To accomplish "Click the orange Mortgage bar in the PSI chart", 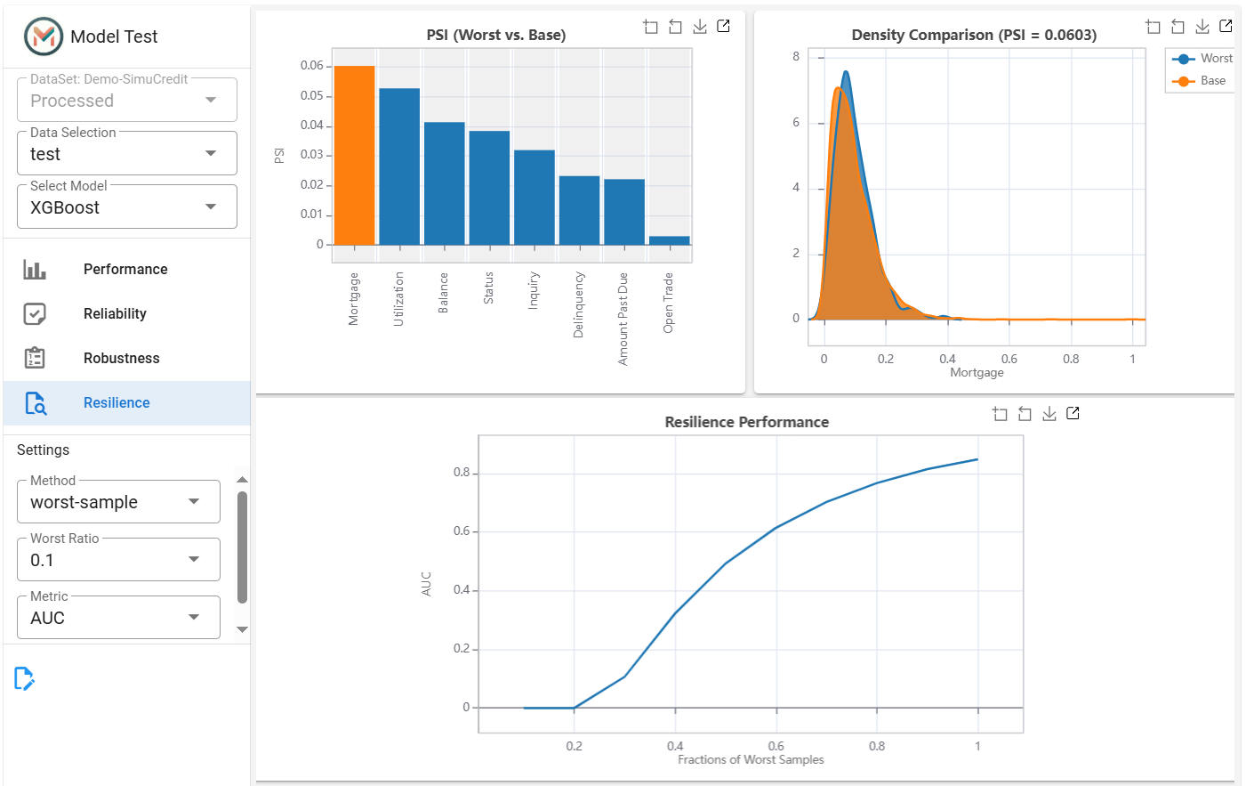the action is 354,155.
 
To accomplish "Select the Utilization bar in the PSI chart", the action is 399,166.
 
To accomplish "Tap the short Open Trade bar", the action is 669,240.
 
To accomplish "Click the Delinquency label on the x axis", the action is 578,304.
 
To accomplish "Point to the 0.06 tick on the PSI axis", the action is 311,66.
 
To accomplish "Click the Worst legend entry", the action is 1202,59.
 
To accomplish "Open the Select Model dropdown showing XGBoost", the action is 127,207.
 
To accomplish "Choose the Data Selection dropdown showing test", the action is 127,154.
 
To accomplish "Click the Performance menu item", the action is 125,270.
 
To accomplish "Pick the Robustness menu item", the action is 121,359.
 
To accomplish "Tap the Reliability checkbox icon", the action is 35,314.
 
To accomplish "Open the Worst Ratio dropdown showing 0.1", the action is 118,559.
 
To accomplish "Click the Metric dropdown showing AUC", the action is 118,618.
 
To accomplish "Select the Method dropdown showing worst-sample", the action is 118,501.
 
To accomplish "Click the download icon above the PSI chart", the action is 700,26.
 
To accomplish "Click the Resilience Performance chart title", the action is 746,422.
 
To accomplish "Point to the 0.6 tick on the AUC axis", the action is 462,531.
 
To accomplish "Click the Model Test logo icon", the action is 44,36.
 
